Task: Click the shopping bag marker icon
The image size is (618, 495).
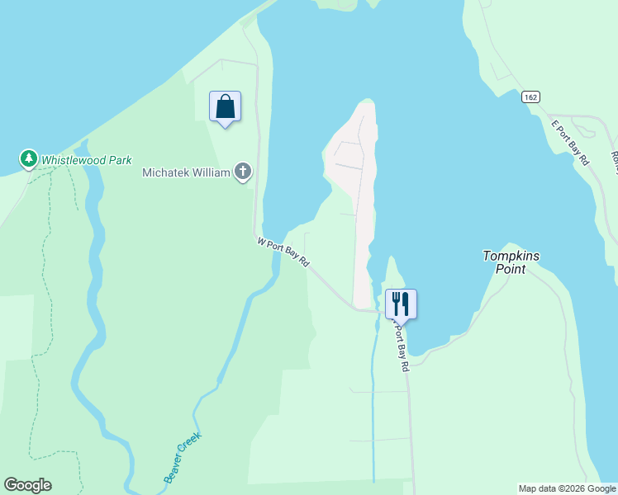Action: [x=225, y=106]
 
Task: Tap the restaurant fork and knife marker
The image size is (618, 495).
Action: [x=401, y=303]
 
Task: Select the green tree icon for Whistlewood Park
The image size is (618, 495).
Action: [x=29, y=158]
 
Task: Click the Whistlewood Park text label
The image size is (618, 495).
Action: [x=87, y=160]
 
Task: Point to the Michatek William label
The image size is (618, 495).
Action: [x=186, y=172]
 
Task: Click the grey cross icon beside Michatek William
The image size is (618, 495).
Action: [x=243, y=172]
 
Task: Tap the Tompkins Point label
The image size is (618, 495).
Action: [x=511, y=262]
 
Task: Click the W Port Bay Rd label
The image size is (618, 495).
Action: [x=283, y=252]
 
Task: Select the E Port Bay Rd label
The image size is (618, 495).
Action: [x=571, y=142]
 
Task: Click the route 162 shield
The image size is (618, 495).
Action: [x=531, y=97]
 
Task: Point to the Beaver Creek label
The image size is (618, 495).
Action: [x=182, y=459]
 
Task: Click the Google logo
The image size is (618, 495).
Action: [x=27, y=485]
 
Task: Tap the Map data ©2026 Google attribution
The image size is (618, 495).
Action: [x=567, y=488]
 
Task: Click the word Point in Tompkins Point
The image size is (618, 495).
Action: [x=511, y=269]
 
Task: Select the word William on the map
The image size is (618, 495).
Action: [x=211, y=172]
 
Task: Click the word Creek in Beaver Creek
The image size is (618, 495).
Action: [x=192, y=445]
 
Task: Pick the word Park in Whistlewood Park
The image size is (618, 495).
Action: [x=120, y=160]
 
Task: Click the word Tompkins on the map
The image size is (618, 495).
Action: [x=511, y=256]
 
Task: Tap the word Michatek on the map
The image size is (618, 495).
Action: [x=167, y=172]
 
